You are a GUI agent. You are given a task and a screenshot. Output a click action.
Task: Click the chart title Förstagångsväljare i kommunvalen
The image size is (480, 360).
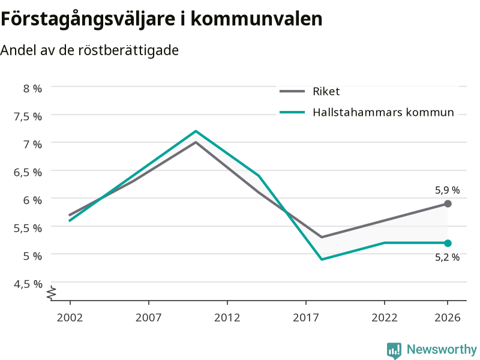point(161,19)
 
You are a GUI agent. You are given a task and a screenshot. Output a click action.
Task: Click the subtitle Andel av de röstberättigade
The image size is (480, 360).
point(89,50)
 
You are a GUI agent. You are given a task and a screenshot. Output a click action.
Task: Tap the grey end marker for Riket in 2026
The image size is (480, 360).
point(448,203)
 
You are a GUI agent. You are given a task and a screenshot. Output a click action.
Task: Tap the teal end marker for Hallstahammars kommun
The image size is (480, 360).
point(448,243)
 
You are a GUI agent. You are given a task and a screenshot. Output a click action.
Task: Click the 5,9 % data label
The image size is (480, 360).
point(447,190)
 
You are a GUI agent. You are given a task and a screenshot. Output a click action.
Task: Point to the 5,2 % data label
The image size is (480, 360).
point(447,257)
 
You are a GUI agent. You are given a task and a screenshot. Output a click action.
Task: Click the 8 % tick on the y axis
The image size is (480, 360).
point(32,88)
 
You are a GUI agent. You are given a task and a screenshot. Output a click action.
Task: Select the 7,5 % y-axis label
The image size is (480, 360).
point(28,116)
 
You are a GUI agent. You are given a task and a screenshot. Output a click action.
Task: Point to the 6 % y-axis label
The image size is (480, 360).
point(32,200)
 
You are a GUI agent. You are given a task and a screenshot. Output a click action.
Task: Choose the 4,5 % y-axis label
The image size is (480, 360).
point(28,284)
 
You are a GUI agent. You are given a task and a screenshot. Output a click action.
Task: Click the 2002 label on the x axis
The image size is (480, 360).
point(70,317)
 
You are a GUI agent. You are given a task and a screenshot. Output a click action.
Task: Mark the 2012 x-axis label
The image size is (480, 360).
point(227,317)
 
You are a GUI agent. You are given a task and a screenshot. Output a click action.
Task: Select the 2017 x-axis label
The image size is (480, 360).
point(306,317)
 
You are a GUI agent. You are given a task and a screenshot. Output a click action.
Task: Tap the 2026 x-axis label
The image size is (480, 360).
point(447,317)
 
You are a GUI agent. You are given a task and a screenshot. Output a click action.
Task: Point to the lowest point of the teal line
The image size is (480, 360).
point(322,259)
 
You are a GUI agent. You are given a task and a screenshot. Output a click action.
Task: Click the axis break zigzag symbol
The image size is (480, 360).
point(52,293)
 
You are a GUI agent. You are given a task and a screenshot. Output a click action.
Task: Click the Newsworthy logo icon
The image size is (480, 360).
point(394,350)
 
